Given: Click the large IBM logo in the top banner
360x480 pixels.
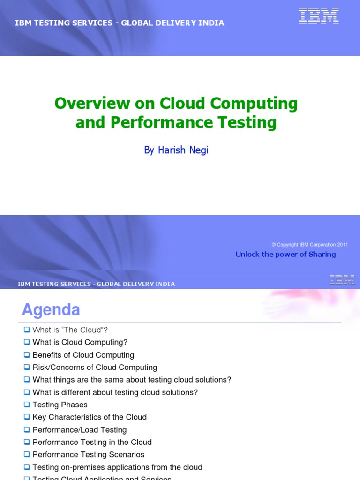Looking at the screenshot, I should (318, 15).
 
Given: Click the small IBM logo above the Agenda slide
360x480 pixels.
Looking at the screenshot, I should (342, 280).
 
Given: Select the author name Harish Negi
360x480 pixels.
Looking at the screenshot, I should (176, 150).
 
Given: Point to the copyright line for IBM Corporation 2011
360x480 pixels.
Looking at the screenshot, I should (309, 245).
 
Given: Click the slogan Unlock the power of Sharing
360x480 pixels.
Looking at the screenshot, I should (285, 254).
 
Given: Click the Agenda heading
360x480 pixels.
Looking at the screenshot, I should (51, 310).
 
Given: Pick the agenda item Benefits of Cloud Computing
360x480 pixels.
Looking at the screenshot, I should (83, 355).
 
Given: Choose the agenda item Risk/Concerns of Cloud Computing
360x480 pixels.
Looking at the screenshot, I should (95, 367).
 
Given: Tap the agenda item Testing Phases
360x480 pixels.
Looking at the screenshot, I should (60, 405).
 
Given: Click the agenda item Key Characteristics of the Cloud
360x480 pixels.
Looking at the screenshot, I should (90, 417).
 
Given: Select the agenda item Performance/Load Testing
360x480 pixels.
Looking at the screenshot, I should (80, 430).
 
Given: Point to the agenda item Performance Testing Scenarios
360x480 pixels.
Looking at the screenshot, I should (89, 455).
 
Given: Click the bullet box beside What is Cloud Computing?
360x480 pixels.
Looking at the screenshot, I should (27, 342).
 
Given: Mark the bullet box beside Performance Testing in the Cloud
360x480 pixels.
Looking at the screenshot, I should (27, 442).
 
